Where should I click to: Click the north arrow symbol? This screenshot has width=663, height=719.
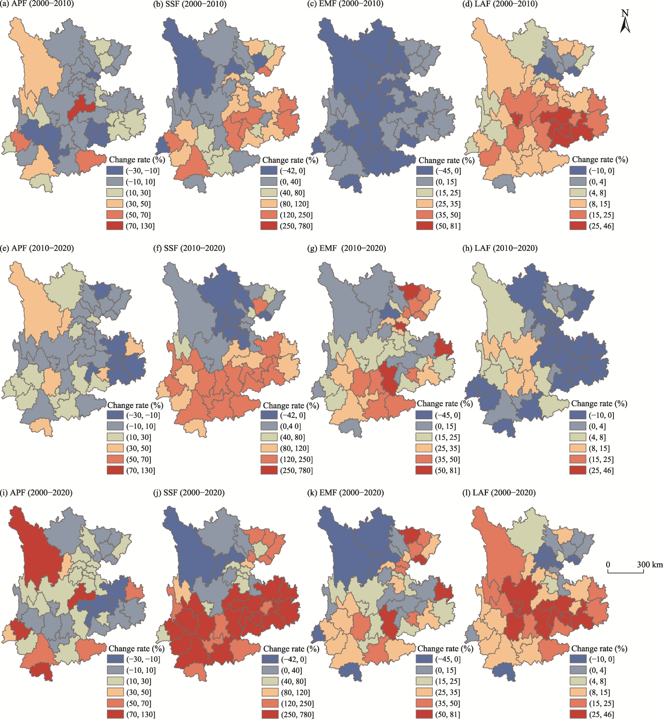tap(625, 22)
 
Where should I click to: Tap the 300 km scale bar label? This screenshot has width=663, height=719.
tap(650, 565)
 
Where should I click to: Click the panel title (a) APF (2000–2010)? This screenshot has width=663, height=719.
tap(37, 4)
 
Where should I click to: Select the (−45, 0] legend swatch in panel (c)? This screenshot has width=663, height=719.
tap(424, 171)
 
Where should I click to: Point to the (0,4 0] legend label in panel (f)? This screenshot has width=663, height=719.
tap(291, 426)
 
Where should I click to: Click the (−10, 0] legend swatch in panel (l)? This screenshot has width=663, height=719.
tap(577, 659)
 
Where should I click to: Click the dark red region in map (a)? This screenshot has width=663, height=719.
tap(80, 108)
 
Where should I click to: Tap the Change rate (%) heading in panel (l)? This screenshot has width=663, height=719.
tap(599, 648)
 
